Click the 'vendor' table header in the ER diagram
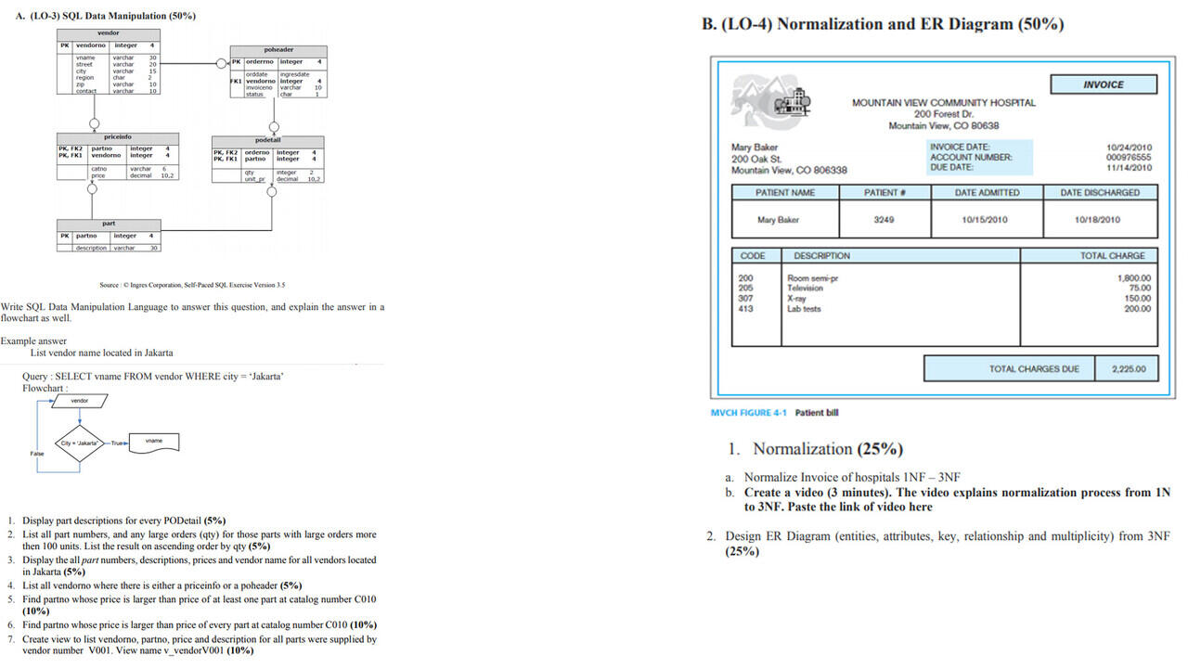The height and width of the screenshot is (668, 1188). tap(108, 33)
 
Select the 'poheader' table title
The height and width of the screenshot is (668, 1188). tap(278, 50)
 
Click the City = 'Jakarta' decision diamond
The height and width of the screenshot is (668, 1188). tap(80, 443)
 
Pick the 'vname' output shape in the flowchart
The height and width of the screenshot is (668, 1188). tap(153, 441)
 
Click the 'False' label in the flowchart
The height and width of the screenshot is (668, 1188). tap(36, 454)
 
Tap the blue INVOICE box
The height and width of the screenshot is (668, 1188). tap(1103, 84)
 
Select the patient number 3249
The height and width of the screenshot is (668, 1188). tap(884, 220)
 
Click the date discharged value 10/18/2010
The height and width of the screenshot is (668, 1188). tap(1097, 220)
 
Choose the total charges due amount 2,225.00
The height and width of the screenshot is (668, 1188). tap(1129, 369)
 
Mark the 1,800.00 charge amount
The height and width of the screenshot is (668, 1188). tap(1133, 277)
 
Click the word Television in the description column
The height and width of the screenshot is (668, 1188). tap(805, 289)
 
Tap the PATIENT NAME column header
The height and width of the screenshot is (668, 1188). tap(785, 193)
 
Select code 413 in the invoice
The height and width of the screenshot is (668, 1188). tap(745, 309)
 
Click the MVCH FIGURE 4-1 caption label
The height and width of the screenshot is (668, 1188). tap(750, 413)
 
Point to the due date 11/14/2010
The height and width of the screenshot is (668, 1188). tap(1129, 168)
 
